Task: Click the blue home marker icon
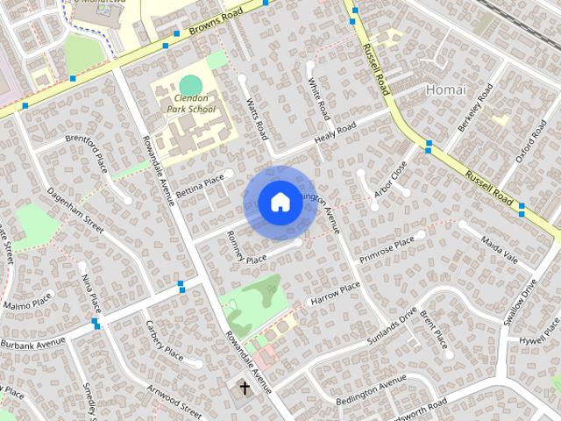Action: (279, 203)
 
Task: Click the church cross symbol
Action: (245, 386)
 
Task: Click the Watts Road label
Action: (257, 120)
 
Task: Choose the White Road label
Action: (318, 100)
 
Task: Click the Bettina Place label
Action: (201, 186)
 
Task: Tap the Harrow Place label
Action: (335, 292)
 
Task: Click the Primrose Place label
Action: (386, 248)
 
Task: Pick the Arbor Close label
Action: (390, 179)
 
